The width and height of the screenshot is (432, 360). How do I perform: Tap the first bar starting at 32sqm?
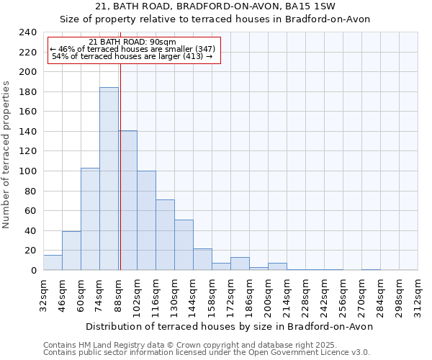[x=53, y=263]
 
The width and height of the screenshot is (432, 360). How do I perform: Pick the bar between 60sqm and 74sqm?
[x=90, y=219]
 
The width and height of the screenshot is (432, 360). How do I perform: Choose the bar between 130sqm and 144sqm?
[x=184, y=245]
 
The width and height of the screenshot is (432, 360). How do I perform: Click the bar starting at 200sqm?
[x=277, y=266]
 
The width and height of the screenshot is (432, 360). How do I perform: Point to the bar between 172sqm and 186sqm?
[x=240, y=264]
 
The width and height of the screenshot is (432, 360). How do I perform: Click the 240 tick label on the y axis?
[x=27, y=32]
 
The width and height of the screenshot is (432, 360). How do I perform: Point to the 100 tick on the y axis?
[x=27, y=171]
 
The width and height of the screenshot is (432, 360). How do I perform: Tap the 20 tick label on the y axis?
[x=30, y=251]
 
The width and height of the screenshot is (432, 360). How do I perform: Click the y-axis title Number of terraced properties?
[x=6, y=154]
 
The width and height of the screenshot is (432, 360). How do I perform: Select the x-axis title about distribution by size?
[x=230, y=326]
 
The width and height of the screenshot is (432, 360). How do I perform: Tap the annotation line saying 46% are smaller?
[x=132, y=49]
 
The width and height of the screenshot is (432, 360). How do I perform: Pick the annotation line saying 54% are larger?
[x=132, y=56]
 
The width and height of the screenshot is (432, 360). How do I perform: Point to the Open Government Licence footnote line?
[x=207, y=353]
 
